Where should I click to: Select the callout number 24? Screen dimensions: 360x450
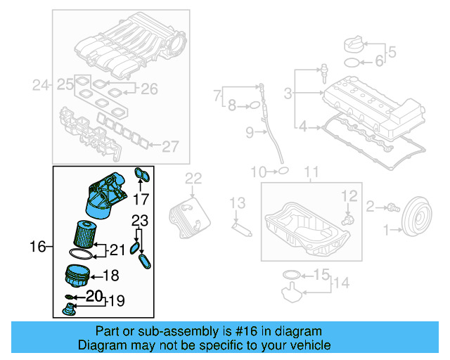tap(41, 86)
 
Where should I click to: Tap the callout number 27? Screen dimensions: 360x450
tap(171, 147)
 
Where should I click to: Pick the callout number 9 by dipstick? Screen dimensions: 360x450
tap(249, 131)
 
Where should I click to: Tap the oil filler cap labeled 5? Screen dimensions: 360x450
tap(353, 46)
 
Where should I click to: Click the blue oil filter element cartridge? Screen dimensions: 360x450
tap(84, 233)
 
